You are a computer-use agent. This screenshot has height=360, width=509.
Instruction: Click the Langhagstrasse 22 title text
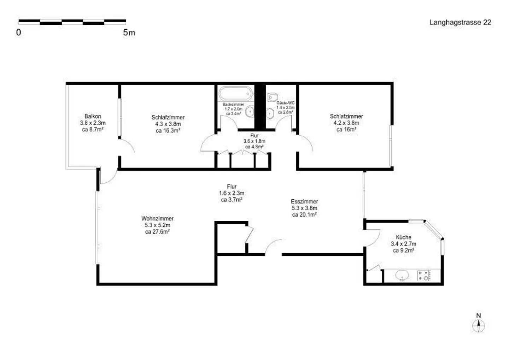[x=460, y=23]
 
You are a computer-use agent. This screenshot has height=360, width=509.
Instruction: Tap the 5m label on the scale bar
[x=129, y=33]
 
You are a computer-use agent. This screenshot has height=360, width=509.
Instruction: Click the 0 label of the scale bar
[x=19, y=33]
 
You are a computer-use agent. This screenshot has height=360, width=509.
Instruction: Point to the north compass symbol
[x=478, y=323]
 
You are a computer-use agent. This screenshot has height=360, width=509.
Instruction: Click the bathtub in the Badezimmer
[x=236, y=93]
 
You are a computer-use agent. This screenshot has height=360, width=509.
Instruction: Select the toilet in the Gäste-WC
[x=273, y=97]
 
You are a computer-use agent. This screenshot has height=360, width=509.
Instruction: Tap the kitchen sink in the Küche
[x=402, y=275]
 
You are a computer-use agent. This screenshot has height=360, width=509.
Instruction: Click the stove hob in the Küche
[x=423, y=275]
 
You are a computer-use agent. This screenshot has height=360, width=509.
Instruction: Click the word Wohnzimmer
[x=157, y=218]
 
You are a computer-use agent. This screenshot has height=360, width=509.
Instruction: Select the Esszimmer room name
[x=304, y=201]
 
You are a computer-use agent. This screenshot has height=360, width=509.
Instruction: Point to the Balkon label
[x=93, y=116]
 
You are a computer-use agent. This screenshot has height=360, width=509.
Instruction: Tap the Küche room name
[x=403, y=237]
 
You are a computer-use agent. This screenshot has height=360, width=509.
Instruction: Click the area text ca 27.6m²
[x=157, y=232]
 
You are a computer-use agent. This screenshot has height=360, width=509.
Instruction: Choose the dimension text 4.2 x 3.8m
[x=346, y=123]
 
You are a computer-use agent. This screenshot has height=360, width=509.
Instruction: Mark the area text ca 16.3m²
[x=168, y=131]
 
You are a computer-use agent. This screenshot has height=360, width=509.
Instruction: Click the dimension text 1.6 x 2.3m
[x=232, y=193]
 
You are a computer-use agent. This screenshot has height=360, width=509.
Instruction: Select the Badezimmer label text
[x=233, y=105]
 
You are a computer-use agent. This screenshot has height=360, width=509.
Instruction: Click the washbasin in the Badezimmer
[x=250, y=112]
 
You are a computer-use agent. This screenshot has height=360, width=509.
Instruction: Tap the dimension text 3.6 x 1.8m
[x=254, y=141]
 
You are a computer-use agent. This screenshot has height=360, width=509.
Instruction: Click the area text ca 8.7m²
[x=93, y=129]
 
